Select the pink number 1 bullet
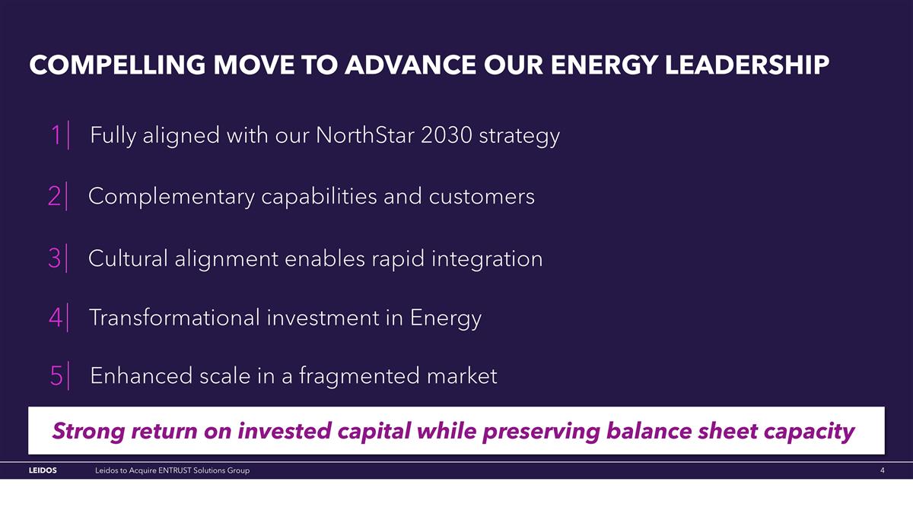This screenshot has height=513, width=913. pos(56,137)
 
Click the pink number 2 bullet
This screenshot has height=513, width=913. pos(55,197)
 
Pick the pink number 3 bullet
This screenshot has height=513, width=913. pos(55,259)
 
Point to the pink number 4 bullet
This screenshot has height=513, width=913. pos(56,318)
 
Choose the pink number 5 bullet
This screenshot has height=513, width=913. pos(56,376)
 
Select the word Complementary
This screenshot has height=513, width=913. pos(171,197)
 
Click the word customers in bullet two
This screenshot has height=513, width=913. pos(482,197)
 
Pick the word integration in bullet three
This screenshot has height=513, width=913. pos(487,259)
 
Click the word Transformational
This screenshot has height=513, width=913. pos(174,318)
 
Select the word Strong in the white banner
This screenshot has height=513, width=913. pos(87,432)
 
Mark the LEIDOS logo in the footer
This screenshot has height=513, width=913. pos(43,471)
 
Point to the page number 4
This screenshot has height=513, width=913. pos(882,471)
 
